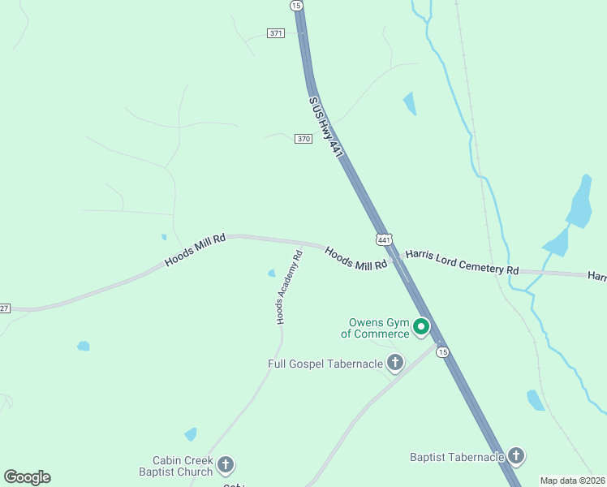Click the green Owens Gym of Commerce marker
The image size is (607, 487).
[421, 327]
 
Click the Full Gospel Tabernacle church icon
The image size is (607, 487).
[395, 363]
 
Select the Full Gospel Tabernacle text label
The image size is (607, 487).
[325, 364]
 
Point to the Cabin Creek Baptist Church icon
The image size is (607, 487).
[226, 466]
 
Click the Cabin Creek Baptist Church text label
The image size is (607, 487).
[176, 466]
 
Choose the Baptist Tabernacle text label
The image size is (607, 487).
[458, 458]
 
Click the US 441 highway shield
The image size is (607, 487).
[384, 239]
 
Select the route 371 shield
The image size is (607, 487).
[276, 32]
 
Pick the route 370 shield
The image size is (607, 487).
[303, 139]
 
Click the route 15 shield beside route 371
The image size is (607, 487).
[296, 6]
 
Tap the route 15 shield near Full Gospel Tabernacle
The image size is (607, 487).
[441, 351]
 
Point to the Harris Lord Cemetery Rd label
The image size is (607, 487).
[462, 261]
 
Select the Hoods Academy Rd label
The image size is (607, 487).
[289, 287]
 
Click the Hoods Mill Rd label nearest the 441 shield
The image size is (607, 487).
[355, 259]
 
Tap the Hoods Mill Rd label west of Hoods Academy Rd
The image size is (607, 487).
[194, 251]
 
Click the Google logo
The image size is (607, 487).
[27, 477]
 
